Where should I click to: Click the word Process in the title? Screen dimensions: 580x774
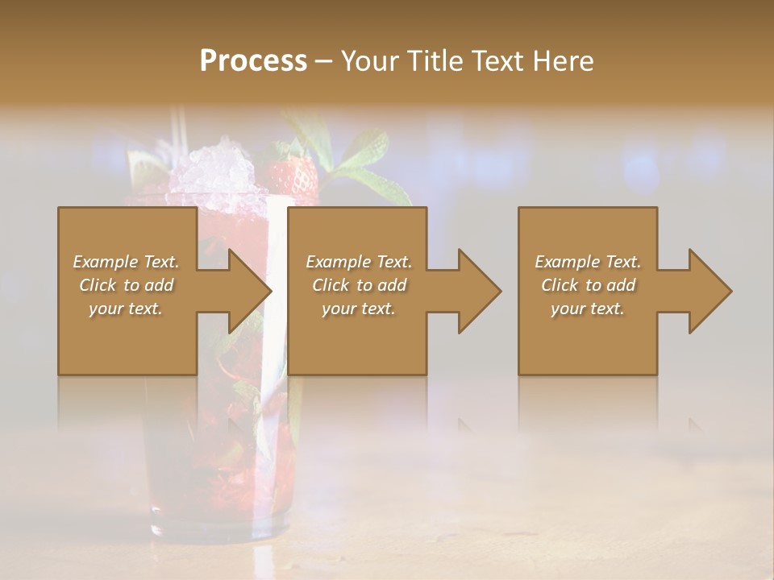[x=253, y=61]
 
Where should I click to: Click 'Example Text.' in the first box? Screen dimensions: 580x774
[x=127, y=262]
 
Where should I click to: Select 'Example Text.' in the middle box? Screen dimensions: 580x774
[x=359, y=262]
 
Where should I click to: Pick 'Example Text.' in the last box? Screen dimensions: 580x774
[x=588, y=262]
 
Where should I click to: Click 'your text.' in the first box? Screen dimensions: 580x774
[x=126, y=309]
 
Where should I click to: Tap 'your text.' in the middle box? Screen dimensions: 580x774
[x=358, y=309]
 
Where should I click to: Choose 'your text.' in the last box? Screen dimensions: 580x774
[x=588, y=309]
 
